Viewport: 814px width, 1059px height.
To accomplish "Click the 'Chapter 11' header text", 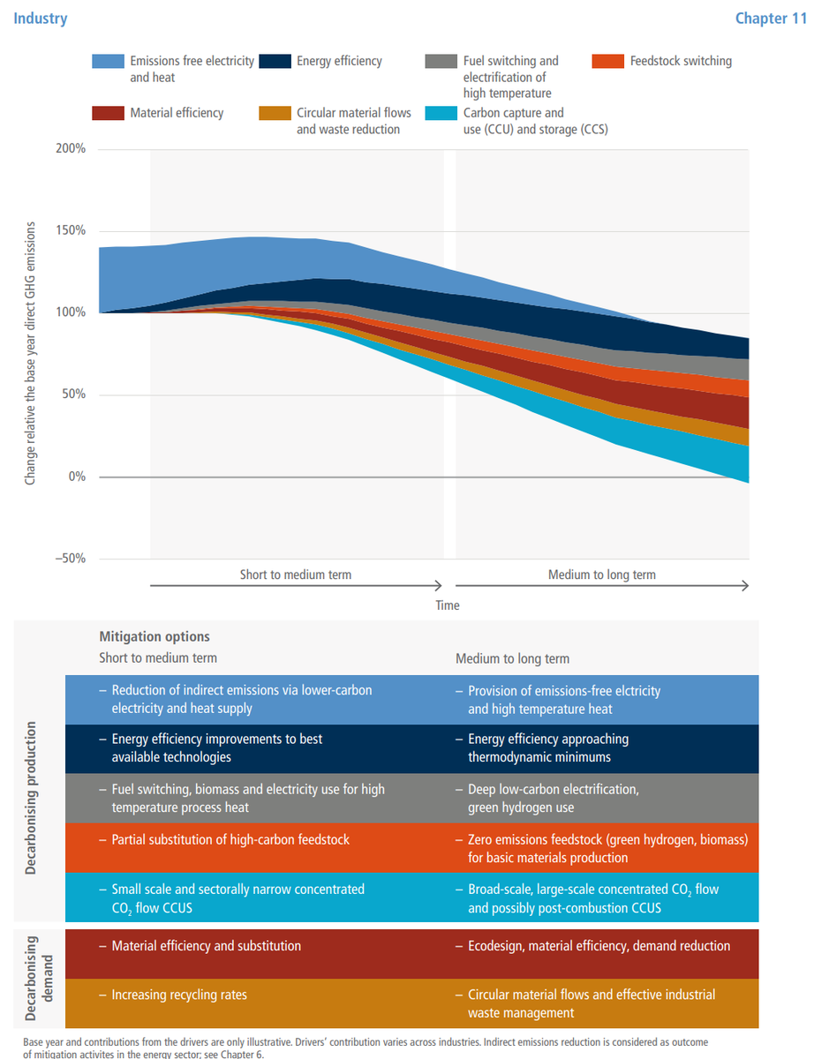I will (x=772, y=18).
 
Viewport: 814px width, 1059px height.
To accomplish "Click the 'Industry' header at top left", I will (x=40, y=18).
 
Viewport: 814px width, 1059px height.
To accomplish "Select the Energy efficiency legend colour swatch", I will (x=275, y=62).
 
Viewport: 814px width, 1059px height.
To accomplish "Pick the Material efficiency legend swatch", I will (x=109, y=113).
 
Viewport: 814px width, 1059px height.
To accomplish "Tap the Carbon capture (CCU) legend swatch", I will (x=441, y=113).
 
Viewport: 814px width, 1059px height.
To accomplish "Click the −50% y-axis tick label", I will (x=67, y=559).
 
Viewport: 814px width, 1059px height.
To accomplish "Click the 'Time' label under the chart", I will (x=447, y=605).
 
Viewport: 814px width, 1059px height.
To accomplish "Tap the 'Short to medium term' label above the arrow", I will (x=296, y=575).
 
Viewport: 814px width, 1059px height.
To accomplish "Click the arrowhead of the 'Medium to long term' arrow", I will (x=745, y=585).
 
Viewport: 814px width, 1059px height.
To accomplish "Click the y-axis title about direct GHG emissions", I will (x=31, y=353).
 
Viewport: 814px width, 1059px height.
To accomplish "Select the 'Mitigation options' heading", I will (x=155, y=636).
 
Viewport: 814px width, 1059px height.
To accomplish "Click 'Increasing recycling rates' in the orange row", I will (x=179, y=995).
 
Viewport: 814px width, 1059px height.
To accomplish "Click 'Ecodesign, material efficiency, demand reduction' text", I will (x=599, y=946).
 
